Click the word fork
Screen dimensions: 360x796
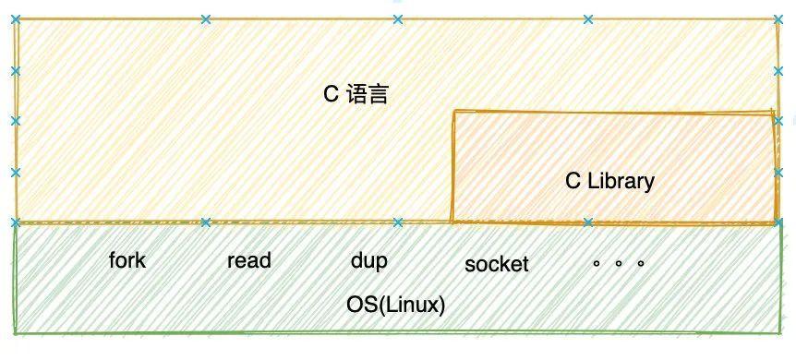click(x=127, y=260)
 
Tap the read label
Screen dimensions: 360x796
click(x=248, y=260)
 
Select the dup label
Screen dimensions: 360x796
click(x=368, y=261)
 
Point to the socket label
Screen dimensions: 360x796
click(x=497, y=264)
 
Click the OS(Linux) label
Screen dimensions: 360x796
click(x=396, y=305)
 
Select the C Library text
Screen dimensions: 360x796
click(x=609, y=181)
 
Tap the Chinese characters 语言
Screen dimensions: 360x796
click(x=368, y=94)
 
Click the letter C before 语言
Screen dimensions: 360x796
click(x=331, y=94)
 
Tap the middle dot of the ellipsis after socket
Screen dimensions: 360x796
click(x=619, y=263)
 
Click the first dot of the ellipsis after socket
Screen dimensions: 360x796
click(x=597, y=263)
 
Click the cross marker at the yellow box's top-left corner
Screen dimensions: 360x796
click(x=15, y=18)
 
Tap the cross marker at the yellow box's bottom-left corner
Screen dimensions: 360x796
click(x=15, y=222)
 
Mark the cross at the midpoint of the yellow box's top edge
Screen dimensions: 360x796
click(x=397, y=18)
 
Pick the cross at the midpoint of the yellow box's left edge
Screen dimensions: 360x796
click(x=15, y=120)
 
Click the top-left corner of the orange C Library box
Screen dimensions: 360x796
click(x=452, y=112)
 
